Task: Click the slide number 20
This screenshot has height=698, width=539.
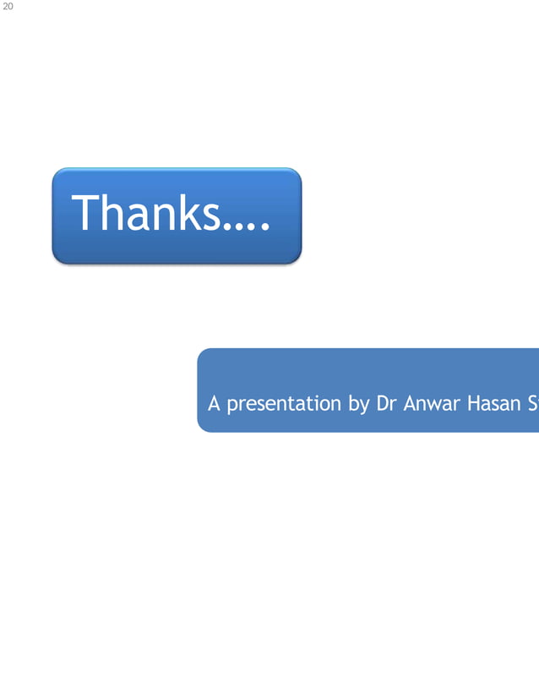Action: pos(8,6)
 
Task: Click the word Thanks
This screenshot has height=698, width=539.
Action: pos(149,213)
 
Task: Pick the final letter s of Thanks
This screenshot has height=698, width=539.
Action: pos(213,216)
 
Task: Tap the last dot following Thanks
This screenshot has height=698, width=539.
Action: pos(264,228)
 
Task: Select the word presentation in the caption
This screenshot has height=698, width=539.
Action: pos(285,404)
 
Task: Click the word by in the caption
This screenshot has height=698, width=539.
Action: pos(358,404)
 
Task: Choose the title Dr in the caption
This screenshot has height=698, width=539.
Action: pos(387,403)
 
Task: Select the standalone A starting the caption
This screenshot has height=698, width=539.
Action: pos(215,403)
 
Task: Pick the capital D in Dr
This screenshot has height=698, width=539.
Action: pos(383,403)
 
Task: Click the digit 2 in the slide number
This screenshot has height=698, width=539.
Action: pos(5,6)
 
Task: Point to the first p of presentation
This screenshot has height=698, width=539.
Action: pos(231,406)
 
